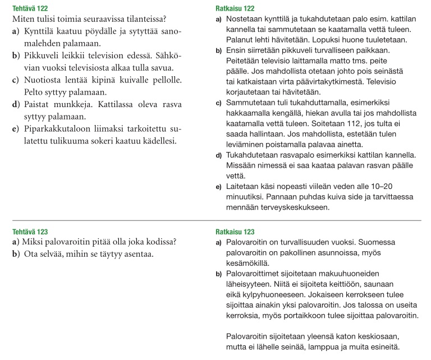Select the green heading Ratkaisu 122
pos(235,8)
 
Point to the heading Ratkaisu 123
pos(235,232)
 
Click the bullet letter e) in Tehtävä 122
pos(15,129)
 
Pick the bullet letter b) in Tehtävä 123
pos(16,254)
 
